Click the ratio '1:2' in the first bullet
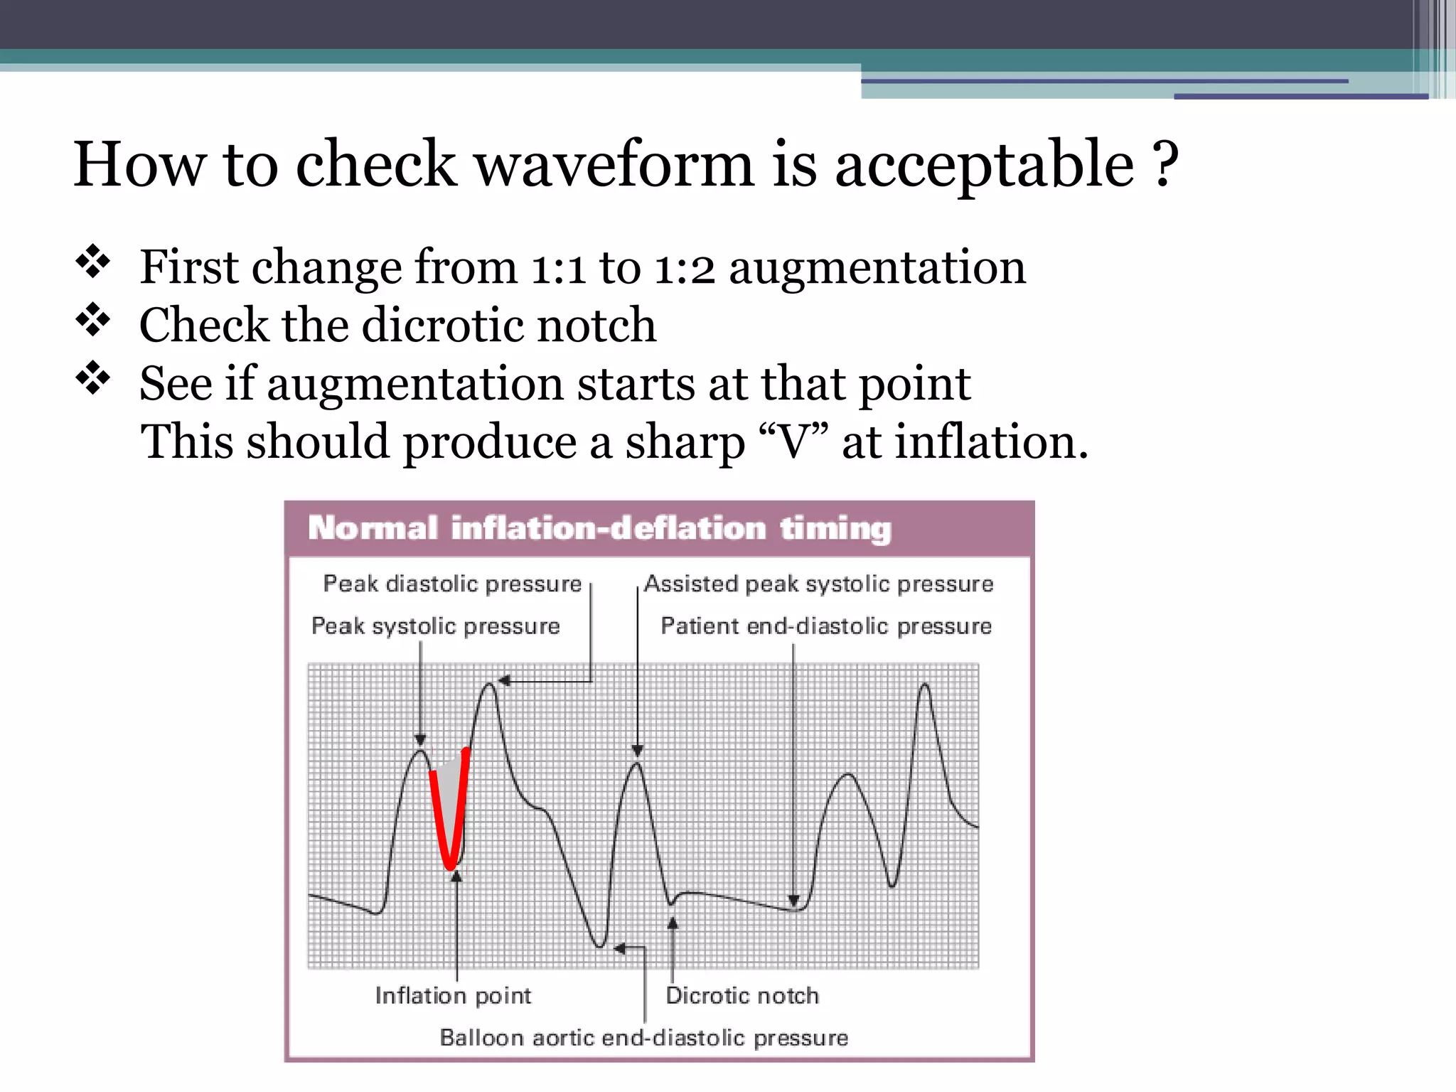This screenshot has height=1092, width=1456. click(684, 269)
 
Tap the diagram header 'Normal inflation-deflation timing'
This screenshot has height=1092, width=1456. click(599, 529)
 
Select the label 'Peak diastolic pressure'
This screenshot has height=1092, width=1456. click(452, 584)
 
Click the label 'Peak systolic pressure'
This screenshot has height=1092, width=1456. click(436, 626)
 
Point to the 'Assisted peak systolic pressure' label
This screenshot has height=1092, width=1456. click(818, 584)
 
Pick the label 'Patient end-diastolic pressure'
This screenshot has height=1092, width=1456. click(826, 626)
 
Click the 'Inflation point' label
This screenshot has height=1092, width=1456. click(453, 995)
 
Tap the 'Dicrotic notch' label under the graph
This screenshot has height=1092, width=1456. click(742, 995)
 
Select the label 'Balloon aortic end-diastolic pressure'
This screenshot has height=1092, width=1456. click(644, 1038)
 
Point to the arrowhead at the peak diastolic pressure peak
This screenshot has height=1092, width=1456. click(504, 681)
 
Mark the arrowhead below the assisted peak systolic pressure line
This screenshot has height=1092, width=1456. click(638, 751)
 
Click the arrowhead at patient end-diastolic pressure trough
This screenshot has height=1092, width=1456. click(794, 901)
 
